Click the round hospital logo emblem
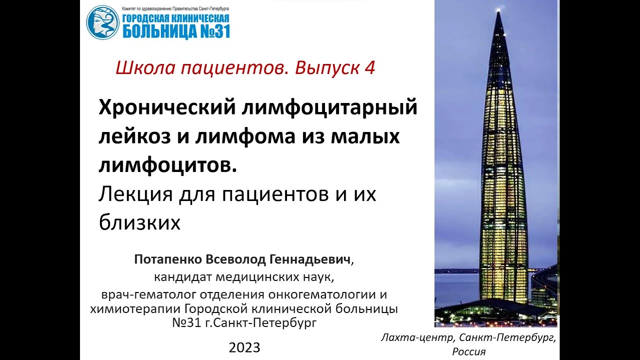(x=102, y=22)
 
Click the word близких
(x=139, y=223)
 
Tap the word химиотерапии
(x=135, y=308)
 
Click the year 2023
(x=244, y=347)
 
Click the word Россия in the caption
(x=468, y=351)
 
